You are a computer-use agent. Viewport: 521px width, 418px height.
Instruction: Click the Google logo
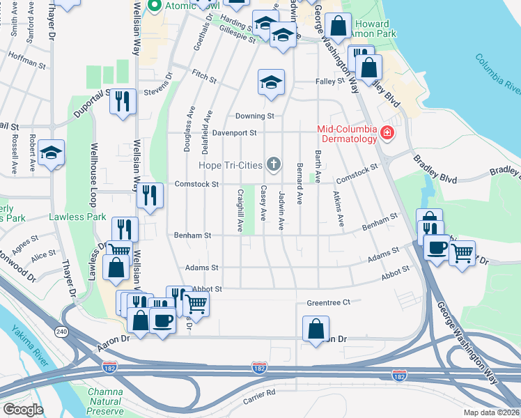[x=22, y=409]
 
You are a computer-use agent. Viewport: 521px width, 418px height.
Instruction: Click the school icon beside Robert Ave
[x=51, y=153]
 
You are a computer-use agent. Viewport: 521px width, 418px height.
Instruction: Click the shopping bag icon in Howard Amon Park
[x=338, y=26]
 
